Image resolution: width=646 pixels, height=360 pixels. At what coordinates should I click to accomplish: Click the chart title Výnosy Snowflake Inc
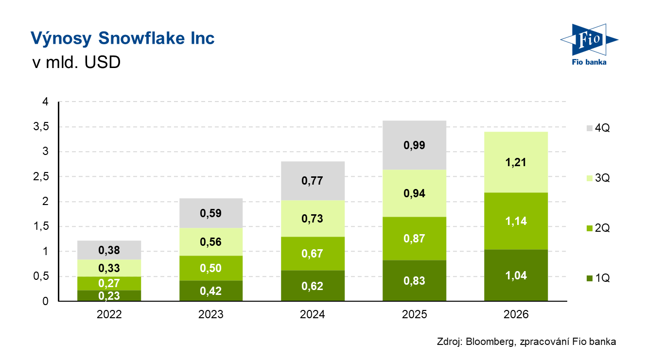tap(122, 38)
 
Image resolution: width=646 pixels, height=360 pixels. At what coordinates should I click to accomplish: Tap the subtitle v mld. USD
tap(75, 63)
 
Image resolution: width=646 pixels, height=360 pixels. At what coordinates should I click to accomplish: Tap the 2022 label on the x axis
tap(109, 315)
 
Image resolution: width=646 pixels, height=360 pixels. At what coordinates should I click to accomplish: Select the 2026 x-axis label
tap(516, 315)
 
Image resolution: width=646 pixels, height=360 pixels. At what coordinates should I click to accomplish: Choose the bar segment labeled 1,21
tap(516, 163)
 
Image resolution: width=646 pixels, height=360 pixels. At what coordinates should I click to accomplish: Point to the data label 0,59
tap(211, 213)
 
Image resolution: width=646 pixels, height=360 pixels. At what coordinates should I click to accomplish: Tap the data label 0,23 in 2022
tap(109, 296)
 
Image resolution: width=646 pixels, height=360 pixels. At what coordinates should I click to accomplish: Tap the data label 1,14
tap(516, 221)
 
